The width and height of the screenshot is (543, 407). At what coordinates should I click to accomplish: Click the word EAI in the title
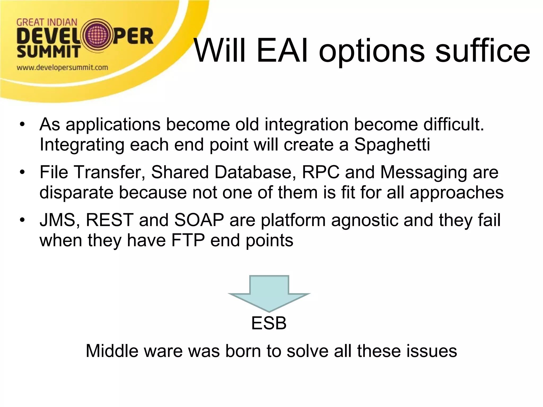click(282, 50)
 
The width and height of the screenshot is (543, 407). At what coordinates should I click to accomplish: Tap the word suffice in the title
click(483, 50)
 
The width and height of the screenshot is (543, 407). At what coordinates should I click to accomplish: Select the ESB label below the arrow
click(269, 323)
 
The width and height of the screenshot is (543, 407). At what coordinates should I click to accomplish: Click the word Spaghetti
click(392, 145)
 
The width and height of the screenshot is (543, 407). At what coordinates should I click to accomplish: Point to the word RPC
click(321, 172)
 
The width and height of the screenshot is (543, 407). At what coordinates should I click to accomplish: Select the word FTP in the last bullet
click(188, 240)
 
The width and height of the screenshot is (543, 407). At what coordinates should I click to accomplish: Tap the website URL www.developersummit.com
click(62, 68)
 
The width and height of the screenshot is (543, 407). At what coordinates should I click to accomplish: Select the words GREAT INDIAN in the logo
click(47, 22)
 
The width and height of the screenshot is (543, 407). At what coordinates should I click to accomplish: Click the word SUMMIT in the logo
click(49, 52)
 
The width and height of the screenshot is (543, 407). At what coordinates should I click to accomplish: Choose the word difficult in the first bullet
click(453, 125)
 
